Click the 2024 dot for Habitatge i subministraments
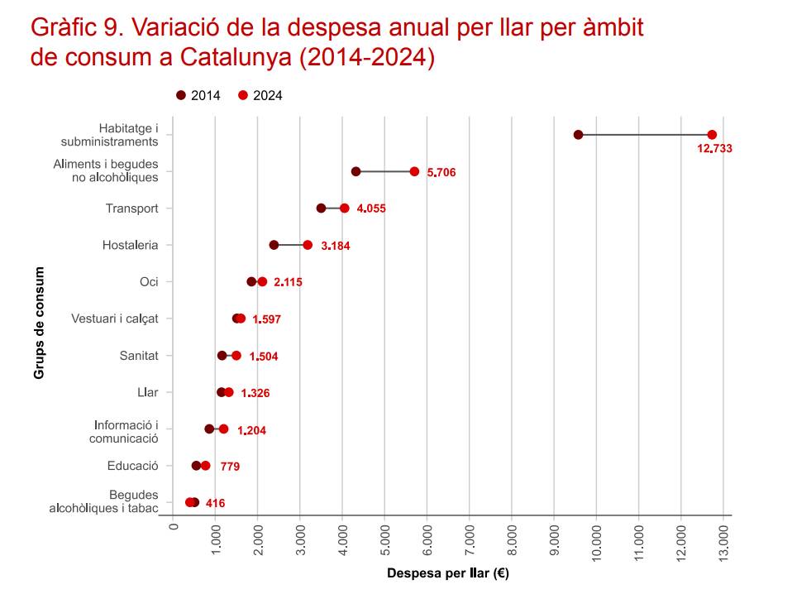(x=712, y=135)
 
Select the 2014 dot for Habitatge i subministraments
(x=578, y=135)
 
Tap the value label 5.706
(x=441, y=173)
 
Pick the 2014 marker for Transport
(x=321, y=208)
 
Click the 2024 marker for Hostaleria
(x=308, y=245)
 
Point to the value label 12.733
(x=715, y=149)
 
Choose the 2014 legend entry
(x=198, y=95)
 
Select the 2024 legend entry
(x=260, y=95)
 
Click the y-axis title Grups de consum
(x=39, y=323)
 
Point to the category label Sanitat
(x=139, y=356)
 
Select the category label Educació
(x=132, y=466)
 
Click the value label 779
(x=230, y=467)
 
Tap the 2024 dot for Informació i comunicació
(x=223, y=429)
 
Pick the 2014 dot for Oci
(x=251, y=282)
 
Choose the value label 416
(x=215, y=504)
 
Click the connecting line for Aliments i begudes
(x=385, y=171)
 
